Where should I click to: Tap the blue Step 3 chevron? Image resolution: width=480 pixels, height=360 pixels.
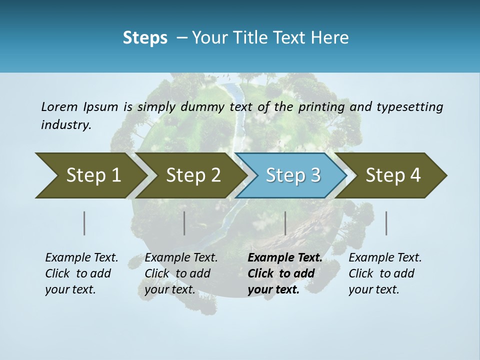[x=293, y=175]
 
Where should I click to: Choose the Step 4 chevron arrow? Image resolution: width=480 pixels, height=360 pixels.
[x=393, y=175]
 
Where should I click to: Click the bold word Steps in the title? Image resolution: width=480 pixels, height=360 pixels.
[x=145, y=38]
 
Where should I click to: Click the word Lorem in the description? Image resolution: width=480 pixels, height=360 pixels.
[x=59, y=106]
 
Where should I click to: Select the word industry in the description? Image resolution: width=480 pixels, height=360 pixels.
[x=66, y=125]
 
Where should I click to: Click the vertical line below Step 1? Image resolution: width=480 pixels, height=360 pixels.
[x=84, y=223]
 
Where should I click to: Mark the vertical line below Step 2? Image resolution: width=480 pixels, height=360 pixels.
[x=184, y=223]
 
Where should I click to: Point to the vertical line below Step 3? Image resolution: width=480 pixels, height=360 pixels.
[x=285, y=223]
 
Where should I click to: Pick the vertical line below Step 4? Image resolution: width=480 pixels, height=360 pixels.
[x=386, y=223]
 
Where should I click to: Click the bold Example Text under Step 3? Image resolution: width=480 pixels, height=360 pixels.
[x=285, y=258]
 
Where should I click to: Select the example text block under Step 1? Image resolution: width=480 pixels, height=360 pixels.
[x=81, y=273]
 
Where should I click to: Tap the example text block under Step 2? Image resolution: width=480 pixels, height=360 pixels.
[x=181, y=273]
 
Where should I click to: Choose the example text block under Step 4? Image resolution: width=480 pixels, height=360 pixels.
[x=385, y=273]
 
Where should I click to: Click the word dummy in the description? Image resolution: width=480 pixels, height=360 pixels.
[x=202, y=107]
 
